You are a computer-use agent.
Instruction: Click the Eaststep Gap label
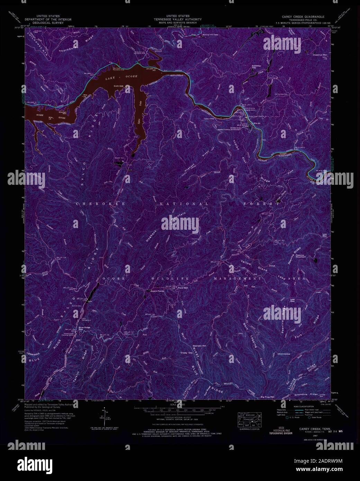pos(256,66)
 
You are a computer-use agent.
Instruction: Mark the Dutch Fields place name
pos(157,291)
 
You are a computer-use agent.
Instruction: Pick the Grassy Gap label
pos(186,353)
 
